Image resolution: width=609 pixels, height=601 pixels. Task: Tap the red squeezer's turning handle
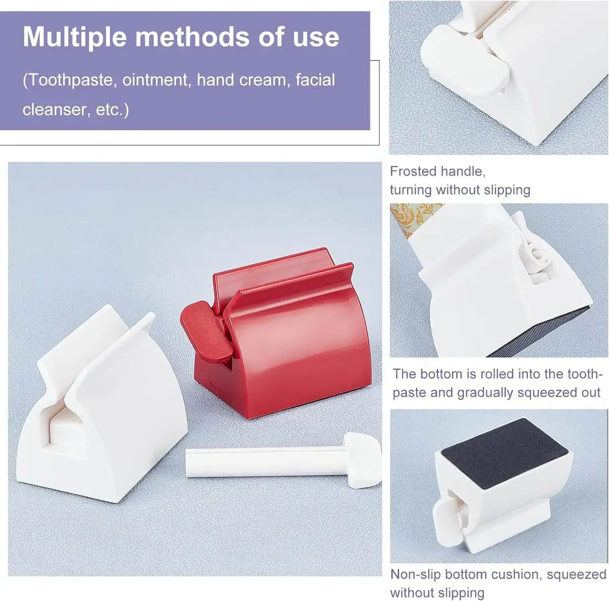208,330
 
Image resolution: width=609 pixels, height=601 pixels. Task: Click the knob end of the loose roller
364,460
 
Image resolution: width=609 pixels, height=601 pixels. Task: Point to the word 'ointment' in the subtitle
157,80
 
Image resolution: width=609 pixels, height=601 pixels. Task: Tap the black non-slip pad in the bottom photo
505,453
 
